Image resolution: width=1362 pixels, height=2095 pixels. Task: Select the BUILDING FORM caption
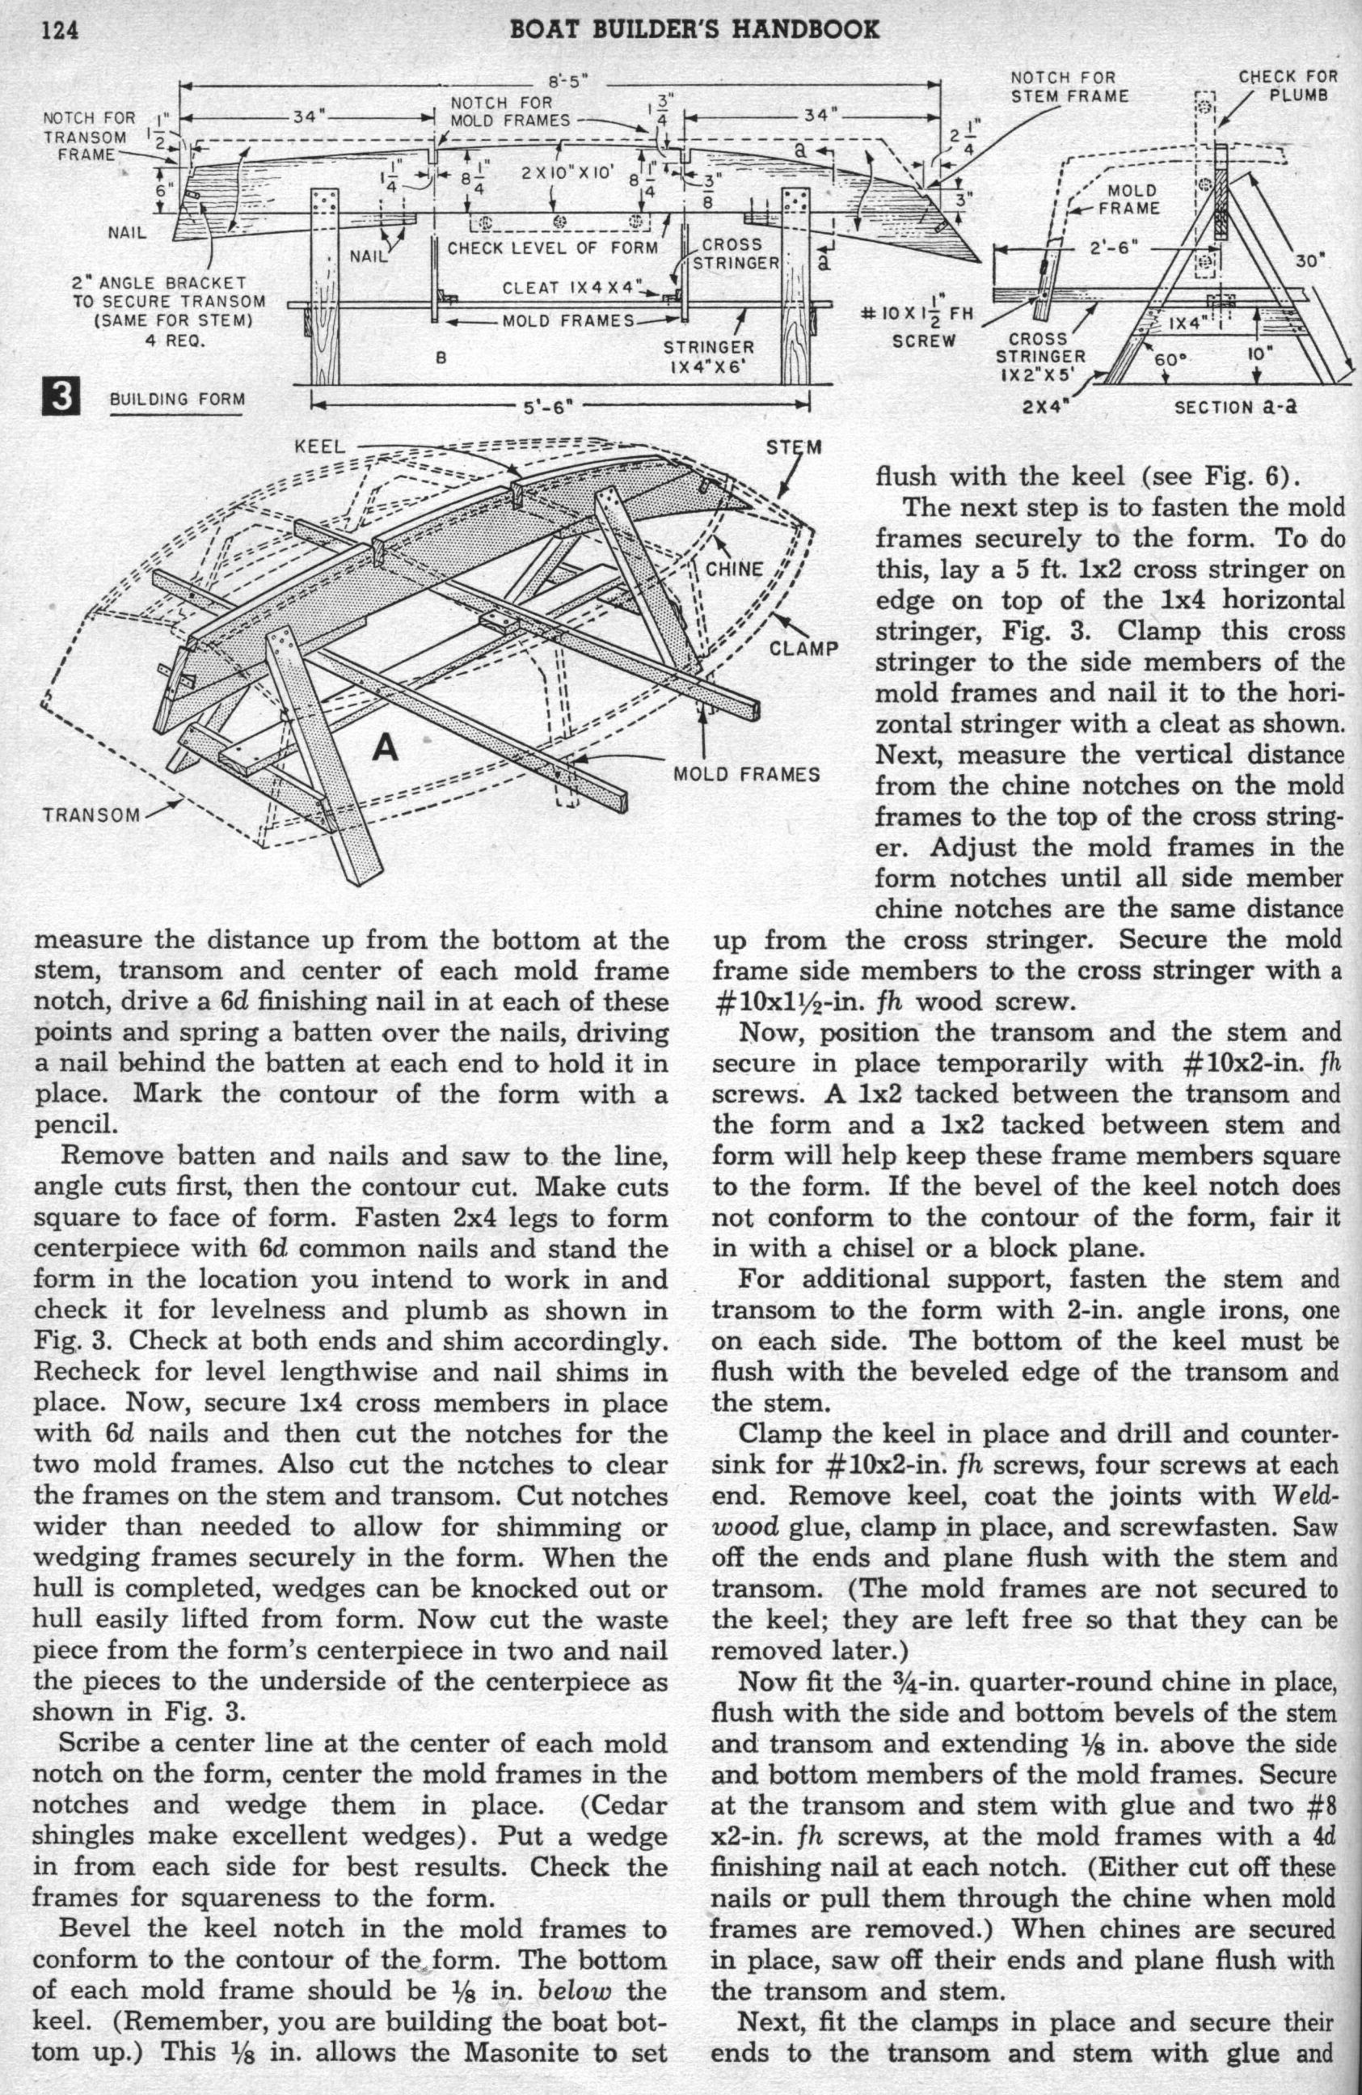(177, 399)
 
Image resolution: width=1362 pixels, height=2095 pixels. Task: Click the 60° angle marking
(1167, 359)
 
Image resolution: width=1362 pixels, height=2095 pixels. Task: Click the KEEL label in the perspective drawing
(322, 447)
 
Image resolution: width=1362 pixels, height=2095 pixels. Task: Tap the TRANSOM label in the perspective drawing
(91, 815)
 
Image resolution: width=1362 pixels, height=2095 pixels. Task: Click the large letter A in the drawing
(386, 747)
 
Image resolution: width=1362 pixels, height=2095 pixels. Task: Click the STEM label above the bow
(795, 447)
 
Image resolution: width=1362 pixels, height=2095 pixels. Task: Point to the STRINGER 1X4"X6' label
(709, 357)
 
